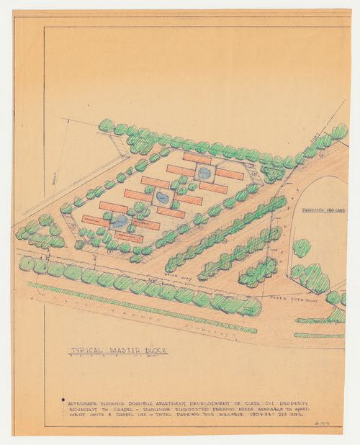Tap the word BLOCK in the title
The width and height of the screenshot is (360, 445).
tap(153, 351)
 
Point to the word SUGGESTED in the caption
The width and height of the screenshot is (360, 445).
tap(181, 407)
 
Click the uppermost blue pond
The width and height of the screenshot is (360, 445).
tap(205, 173)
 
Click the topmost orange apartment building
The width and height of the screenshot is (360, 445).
tap(197, 157)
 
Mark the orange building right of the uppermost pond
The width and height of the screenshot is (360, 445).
tap(230, 174)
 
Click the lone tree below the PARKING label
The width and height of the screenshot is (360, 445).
tap(302, 248)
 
